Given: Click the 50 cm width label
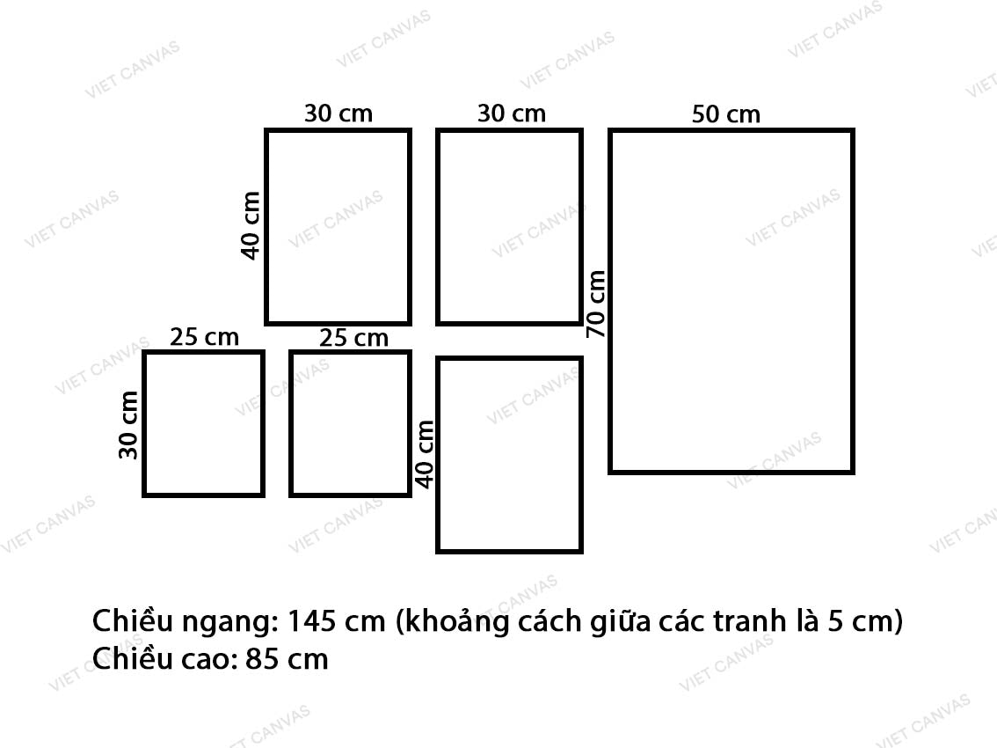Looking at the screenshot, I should coord(725,114).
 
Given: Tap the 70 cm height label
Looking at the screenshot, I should coord(596,304).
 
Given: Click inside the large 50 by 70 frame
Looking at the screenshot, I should coord(731,301).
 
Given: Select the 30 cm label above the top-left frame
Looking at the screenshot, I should coord(338,114).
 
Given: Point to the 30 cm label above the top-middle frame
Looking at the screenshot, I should coord(511,114).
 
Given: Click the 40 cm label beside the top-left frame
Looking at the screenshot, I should coord(251,225).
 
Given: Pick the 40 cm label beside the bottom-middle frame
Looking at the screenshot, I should coord(425,454).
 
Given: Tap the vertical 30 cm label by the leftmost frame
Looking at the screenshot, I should coord(130,424).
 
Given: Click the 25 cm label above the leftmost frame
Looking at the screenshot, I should coord(204,337).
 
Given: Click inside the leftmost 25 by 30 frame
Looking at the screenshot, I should coord(203,423).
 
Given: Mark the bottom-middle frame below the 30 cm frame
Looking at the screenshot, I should coord(509,454).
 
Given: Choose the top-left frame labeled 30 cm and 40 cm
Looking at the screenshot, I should coord(338,226).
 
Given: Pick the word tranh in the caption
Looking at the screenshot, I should coord(753,622).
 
